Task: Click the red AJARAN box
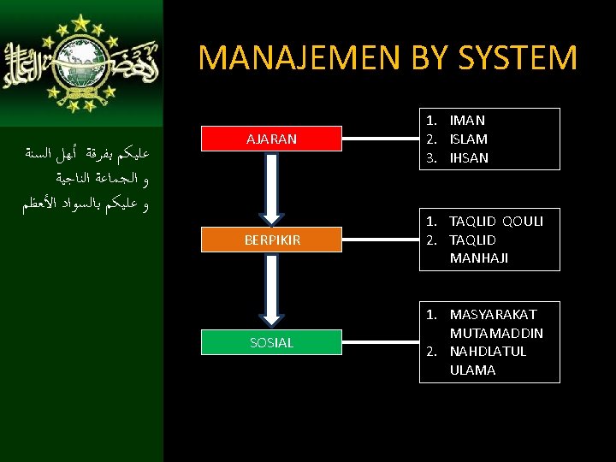[271, 139]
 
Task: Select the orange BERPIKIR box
[271, 240]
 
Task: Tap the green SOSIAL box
[271, 342]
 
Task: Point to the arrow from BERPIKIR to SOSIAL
[271, 291]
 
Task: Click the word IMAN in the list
[467, 121]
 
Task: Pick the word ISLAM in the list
[469, 139]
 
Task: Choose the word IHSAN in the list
[469, 158]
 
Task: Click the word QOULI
[523, 222]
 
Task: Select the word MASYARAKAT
[493, 315]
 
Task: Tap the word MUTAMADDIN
[496, 333]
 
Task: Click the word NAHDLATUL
[488, 352]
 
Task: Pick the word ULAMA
[472, 370]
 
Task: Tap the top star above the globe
[82, 22]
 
